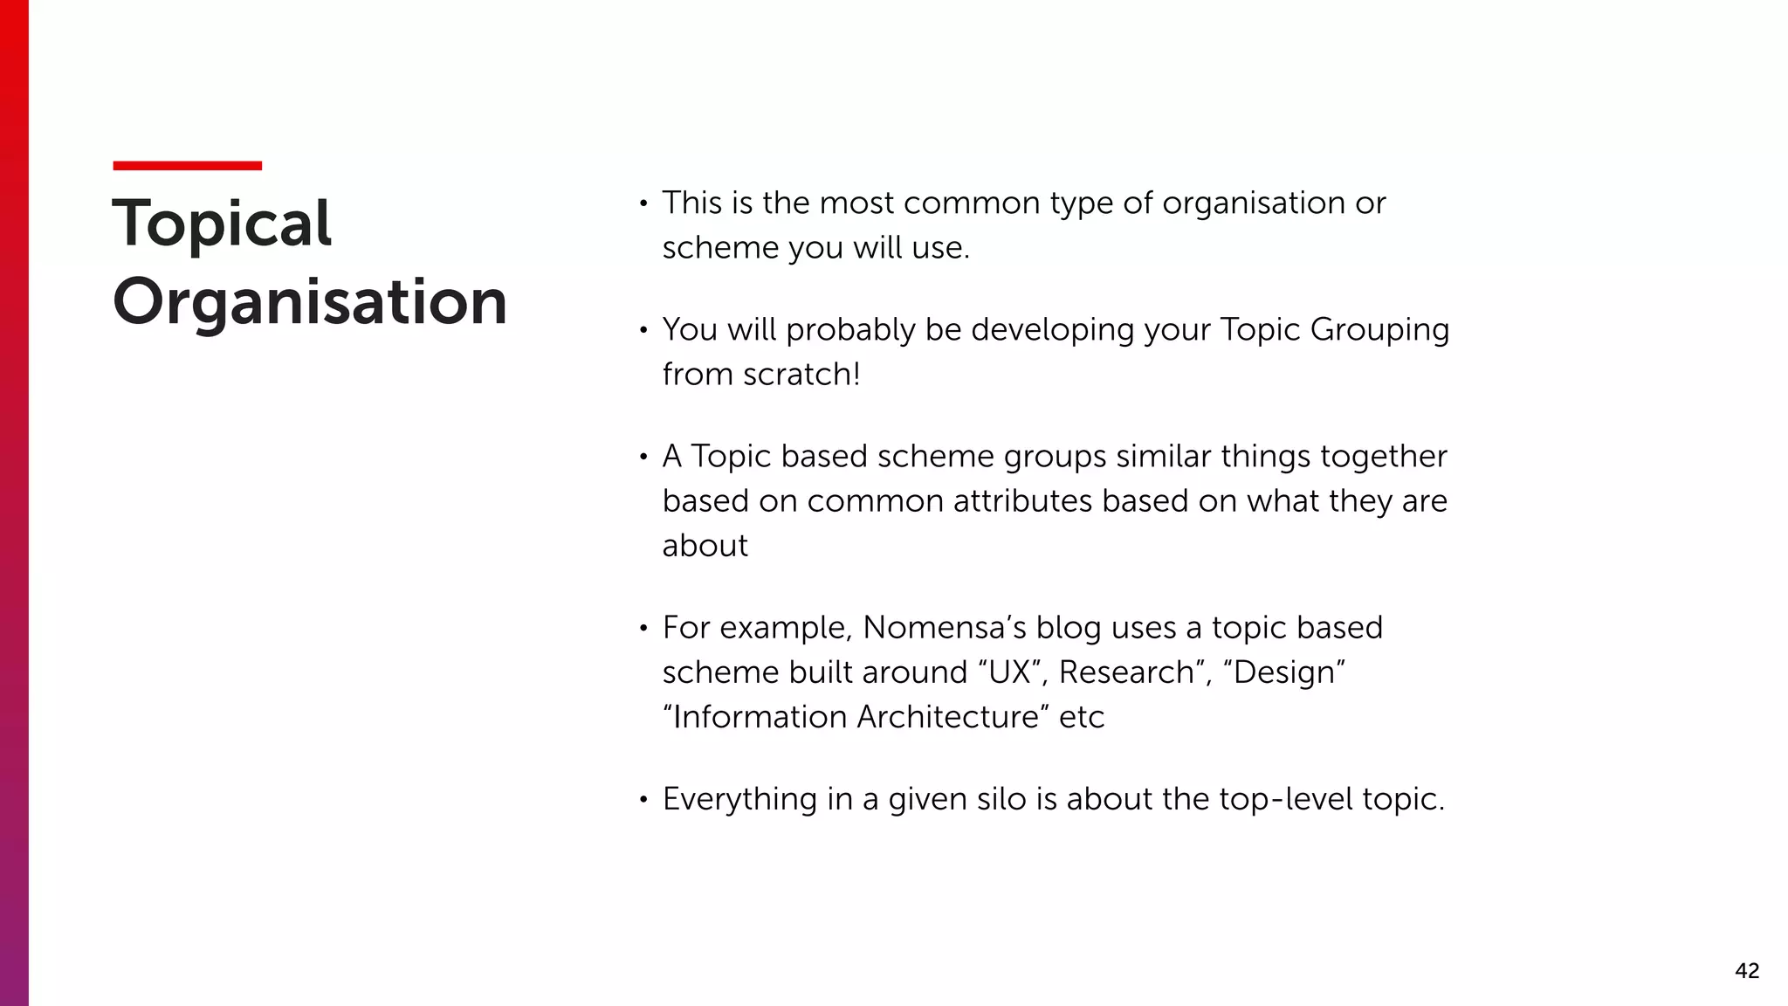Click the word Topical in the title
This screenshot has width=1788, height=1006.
222,224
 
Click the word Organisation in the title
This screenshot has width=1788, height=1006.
310,302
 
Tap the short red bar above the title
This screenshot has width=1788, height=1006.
187,165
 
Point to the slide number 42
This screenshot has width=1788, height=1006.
1746,970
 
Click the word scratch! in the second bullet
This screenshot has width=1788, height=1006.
801,375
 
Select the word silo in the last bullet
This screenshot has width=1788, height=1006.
1001,799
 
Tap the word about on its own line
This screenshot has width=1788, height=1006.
705,546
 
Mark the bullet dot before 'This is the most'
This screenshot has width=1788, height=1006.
643,204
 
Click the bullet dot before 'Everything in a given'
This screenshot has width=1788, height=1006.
643,800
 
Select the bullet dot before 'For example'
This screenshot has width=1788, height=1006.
643,629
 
